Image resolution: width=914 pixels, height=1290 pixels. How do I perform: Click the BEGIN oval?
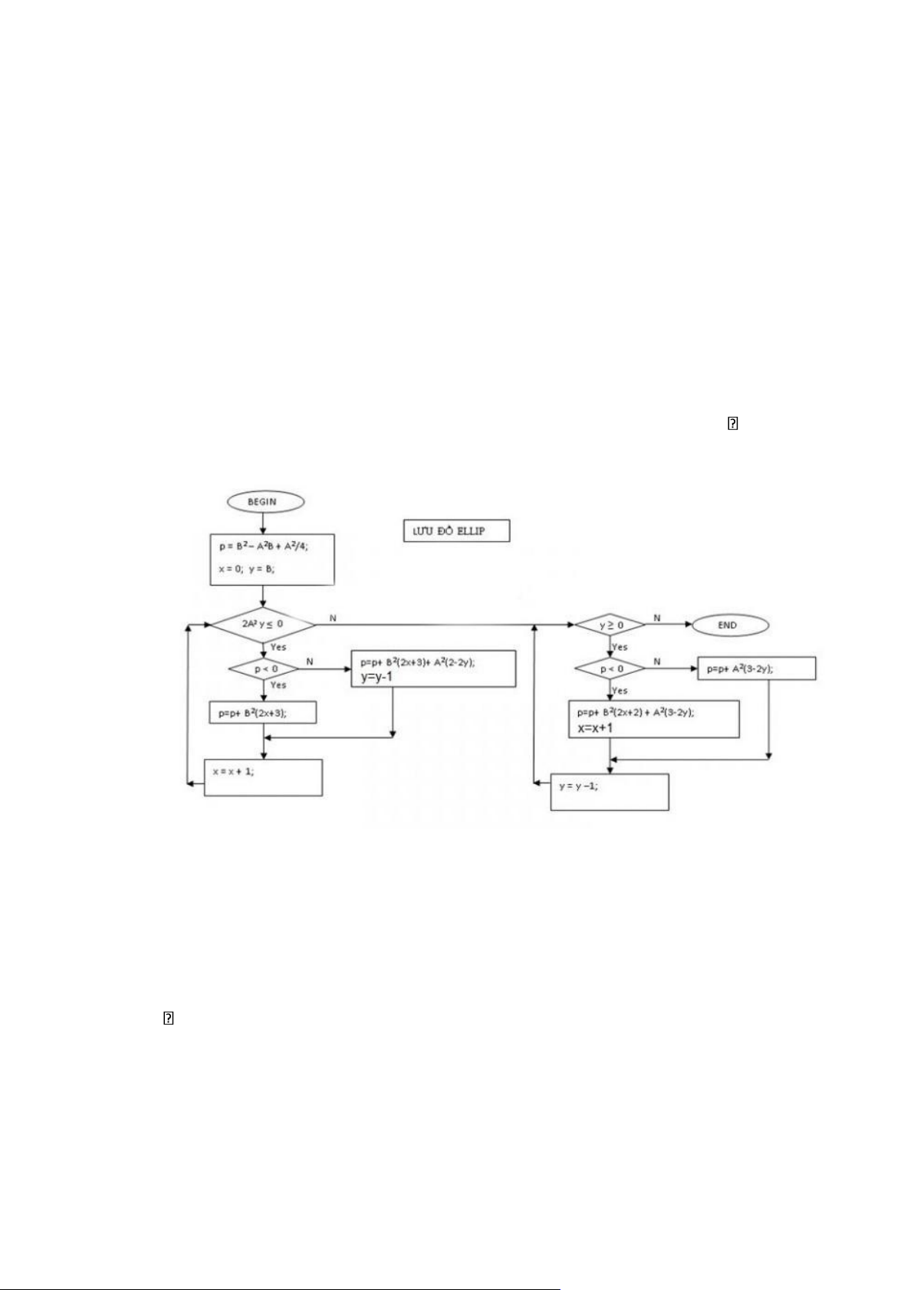[x=265, y=502]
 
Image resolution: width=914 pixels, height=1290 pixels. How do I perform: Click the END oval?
[x=729, y=625]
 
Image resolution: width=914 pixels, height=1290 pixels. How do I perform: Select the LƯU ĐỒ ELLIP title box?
[x=456, y=530]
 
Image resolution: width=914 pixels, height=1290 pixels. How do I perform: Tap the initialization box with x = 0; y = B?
[x=271, y=560]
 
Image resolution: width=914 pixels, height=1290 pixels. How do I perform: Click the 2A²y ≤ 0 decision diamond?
[x=263, y=625]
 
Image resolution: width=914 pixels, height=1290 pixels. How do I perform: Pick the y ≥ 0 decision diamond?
[x=610, y=625]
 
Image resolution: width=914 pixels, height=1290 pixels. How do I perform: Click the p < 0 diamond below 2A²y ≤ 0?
[x=264, y=669]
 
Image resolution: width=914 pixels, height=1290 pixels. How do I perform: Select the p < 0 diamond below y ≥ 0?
[x=610, y=669]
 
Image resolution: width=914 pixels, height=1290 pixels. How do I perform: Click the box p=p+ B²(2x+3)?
[x=262, y=713]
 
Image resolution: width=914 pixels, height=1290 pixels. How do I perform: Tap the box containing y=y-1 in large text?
[x=433, y=669]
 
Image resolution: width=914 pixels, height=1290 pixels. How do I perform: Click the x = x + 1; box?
[x=262, y=777]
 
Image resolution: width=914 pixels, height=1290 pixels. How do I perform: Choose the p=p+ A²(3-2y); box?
[x=756, y=669]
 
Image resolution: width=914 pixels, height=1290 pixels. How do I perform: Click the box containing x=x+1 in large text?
[x=653, y=719]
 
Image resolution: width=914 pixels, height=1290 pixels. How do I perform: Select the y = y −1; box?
[x=610, y=792]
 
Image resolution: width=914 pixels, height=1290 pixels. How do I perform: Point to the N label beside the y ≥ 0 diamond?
[x=656, y=618]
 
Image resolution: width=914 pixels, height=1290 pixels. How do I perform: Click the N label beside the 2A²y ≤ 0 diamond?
[x=333, y=618]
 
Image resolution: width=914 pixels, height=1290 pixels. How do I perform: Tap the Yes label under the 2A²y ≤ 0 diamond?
[x=278, y=648]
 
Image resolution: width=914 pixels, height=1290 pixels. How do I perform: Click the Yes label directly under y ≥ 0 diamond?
[x=620, y=648]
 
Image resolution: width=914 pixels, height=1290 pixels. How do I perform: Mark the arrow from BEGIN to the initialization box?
[x=263, y=524]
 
